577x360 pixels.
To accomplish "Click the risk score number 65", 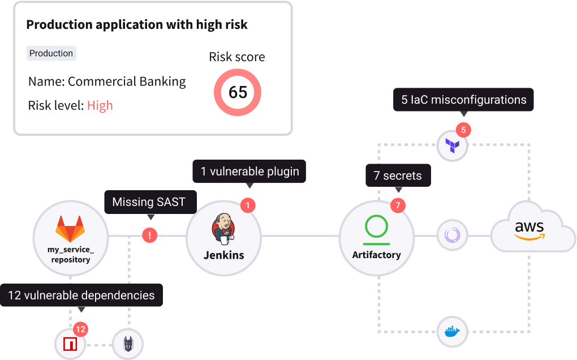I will click(238, 92).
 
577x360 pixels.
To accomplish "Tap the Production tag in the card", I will click(51, 53).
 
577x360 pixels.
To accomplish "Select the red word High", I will click(100, 105).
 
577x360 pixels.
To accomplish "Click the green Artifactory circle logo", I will click(377, 226).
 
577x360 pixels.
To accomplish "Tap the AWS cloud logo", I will click(529, 230).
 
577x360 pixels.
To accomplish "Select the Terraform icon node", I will click(453, 145).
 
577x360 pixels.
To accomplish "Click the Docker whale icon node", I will click(453, 332).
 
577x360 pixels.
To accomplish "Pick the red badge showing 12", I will click(80, 328).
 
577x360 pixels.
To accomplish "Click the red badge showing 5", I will click(463, 130).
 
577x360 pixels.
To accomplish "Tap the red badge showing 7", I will click(398, 205).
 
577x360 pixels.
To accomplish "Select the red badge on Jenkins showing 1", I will click(247, 205).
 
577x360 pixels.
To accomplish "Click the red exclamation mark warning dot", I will click(149, 235).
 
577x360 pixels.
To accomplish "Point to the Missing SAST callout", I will click(149, 202).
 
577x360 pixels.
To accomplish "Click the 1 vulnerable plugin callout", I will click(249, 171).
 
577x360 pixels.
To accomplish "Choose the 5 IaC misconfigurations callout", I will click(464, 100).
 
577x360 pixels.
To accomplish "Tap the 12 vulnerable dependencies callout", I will click(81, 295).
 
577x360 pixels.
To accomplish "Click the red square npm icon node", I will click(70, 344).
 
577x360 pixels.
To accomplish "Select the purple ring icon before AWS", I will click(453, 235).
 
